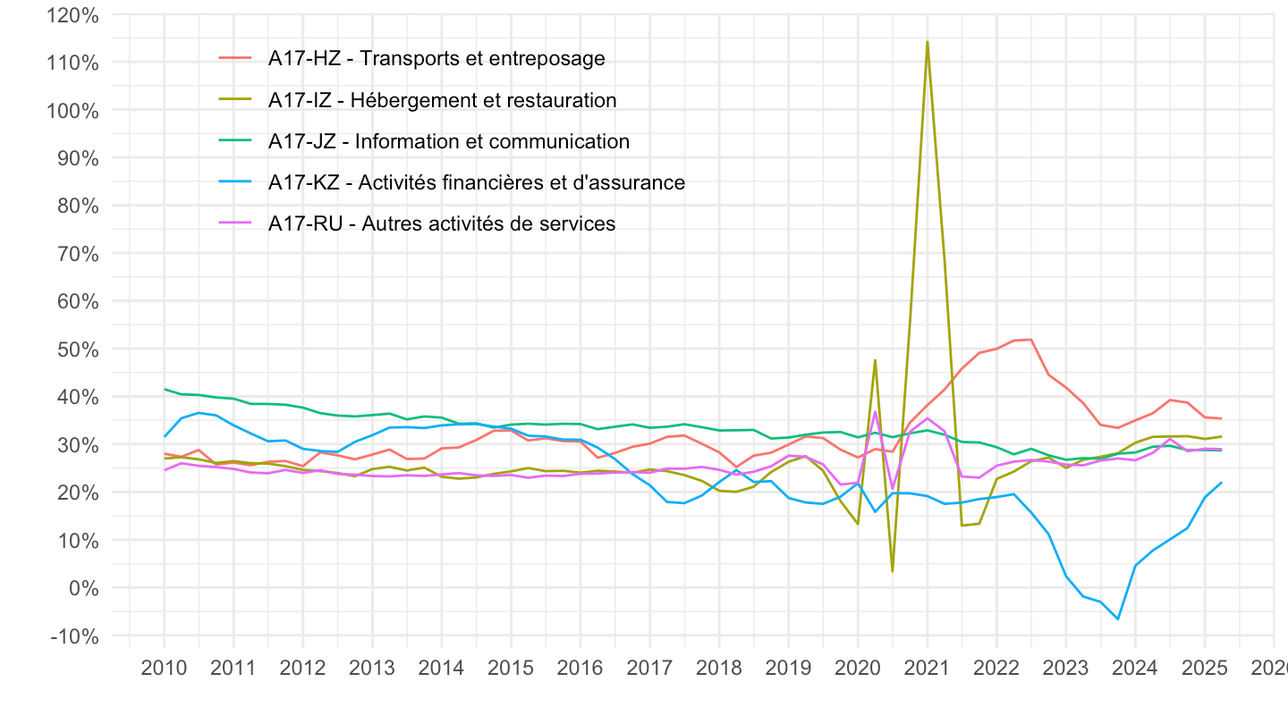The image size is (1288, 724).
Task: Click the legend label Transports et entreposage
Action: pos(436,59)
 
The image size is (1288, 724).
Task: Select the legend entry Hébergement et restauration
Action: pos(442,100)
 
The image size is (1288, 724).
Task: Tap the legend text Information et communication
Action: pos(448,141)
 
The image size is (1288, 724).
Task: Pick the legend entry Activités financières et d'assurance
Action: pos(476,182)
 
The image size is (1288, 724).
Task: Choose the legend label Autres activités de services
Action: pos(442,223)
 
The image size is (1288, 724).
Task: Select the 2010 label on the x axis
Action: pos(164,669)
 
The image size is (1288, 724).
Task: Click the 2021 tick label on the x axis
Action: pos(927,669)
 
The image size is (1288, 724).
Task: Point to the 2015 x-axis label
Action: pos(511,669)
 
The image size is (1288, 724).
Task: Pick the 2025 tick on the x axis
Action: pos(1204,669)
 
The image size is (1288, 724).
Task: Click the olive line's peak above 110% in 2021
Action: pos(927,41)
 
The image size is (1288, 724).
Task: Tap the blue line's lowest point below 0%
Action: pos(1117,619)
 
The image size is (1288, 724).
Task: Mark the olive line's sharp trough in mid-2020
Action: pos(892,571)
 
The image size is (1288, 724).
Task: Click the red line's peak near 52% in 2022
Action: pos(1031,340)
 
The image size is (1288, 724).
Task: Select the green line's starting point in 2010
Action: pos(165,389)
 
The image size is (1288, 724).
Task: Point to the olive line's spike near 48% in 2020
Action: pos(875,360)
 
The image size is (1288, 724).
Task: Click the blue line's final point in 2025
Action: pos(1221,483)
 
